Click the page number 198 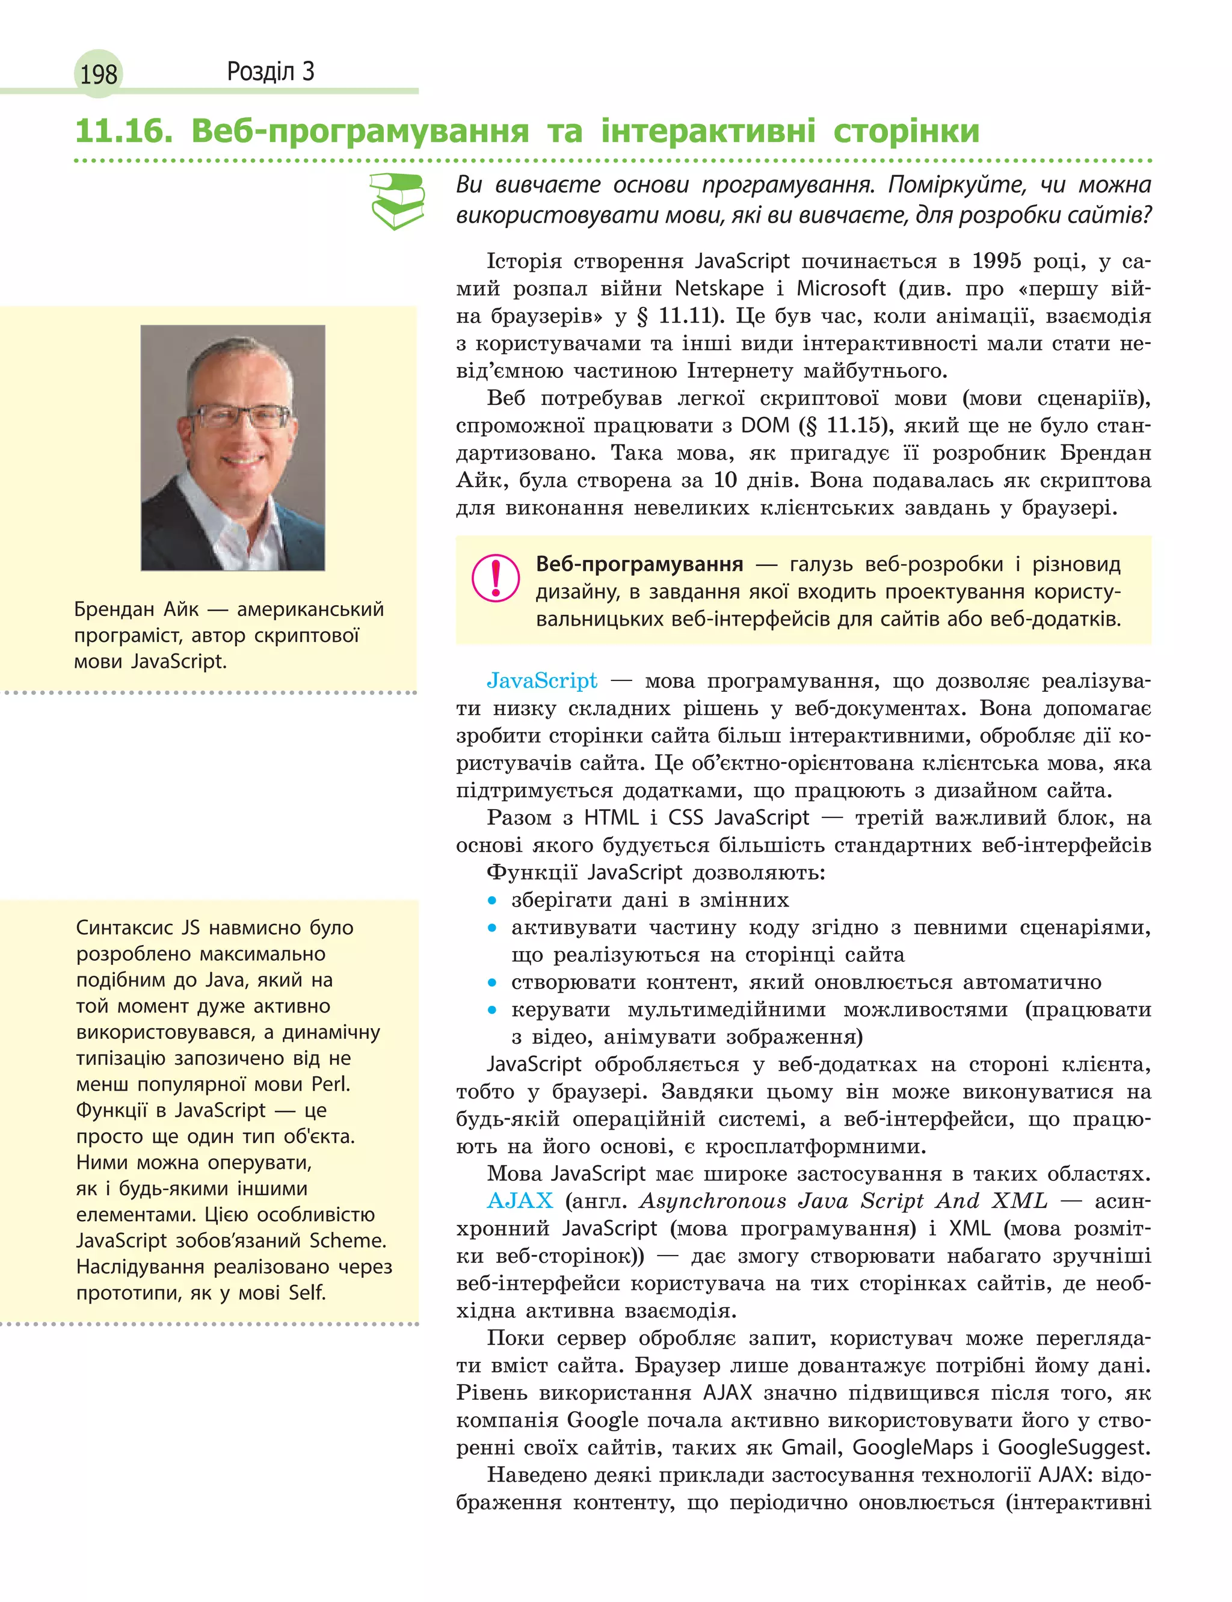pyautogui.click(x=98, y=74)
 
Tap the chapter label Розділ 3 pyautogui.click(x=271, y=71)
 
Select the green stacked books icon pyautogui.click(x=398, y=200)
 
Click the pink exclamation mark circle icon pyautogui.click(x=496, y=578)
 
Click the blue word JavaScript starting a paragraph pyautogui.click(x=542, y=680)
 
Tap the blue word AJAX pyautogui.click(x=520, y=1201)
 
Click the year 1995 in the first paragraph pyautogui.click(x=996, y=261)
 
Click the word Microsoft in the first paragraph pyautogui.click(x=841, y=288)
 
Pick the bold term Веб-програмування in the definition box pyautogui.click(x=639, y=564)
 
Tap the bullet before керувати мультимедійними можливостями pyautogui.click(x=493, y=1010)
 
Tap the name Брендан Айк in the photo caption pyautogui.click(x=137, y=609)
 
